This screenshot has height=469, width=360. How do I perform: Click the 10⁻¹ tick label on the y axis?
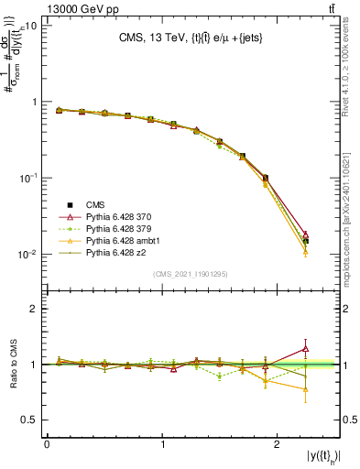pyautogui.click(x=27, y=179)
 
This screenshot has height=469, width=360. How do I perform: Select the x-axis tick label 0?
pyautogui.click(x=47, y=444)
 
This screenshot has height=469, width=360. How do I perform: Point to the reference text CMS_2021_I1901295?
pyautogui.click(x=191, y=275)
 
